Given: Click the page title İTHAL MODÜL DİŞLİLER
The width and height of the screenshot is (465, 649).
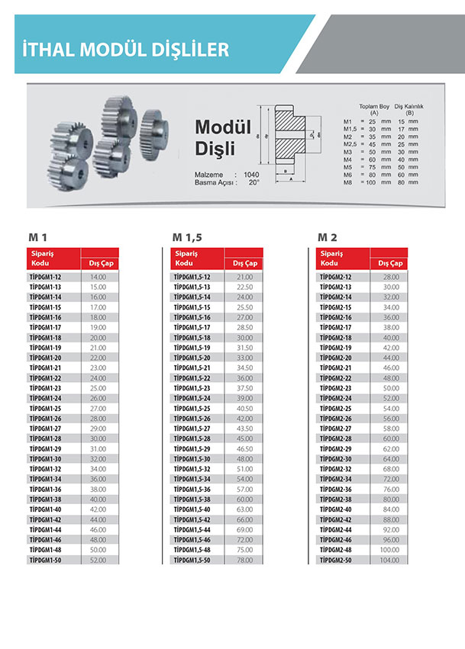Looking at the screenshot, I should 127,50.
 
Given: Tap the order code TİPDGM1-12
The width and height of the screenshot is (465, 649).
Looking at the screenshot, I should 46,277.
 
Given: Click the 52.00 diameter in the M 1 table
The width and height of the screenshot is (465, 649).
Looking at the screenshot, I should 98,559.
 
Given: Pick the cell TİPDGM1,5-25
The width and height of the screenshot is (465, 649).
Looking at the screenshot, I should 192,408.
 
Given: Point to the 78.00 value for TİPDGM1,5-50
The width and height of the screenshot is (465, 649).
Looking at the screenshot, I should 244,559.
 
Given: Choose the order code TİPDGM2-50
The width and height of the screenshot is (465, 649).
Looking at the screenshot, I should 336,559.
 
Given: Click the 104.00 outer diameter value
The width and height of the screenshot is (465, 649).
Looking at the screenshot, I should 390,559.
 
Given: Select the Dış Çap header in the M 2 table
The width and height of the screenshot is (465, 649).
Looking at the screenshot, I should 390,263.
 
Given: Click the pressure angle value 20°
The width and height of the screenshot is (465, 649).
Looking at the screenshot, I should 253,182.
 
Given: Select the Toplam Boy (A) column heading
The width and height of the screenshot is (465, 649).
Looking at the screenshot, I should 374,109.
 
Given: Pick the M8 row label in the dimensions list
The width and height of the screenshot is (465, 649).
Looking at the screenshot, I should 347,183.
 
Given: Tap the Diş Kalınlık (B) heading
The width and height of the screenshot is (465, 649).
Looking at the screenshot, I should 409,109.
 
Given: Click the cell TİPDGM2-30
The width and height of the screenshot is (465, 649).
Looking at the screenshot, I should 336,458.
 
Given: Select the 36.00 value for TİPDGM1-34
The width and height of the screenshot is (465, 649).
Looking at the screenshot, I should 98,478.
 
